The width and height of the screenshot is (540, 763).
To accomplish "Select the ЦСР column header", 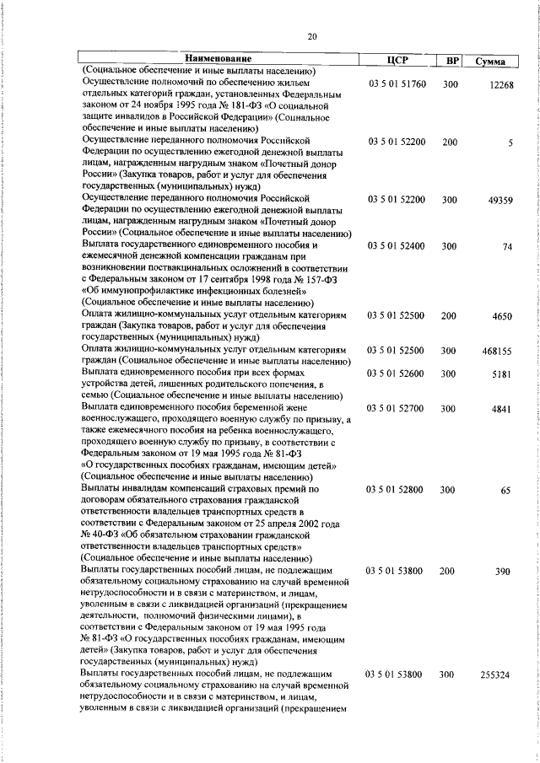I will click(x=397, y=60).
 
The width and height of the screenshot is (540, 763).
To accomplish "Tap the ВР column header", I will click(x=452, y=61).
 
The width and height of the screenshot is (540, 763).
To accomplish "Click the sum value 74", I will click(x=507, y=247).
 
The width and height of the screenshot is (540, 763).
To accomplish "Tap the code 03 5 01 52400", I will click(x=397, y=246).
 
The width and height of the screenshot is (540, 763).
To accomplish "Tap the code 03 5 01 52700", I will click(x=397, y=408).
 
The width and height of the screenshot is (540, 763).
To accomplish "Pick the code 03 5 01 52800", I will click(x=397, y=489).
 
